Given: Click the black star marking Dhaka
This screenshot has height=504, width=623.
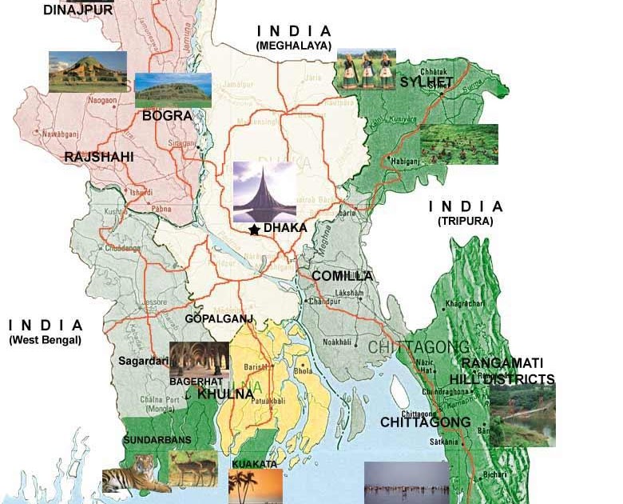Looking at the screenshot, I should pos(254,230).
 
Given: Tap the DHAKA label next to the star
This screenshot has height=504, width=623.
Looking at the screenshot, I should pos(285,228).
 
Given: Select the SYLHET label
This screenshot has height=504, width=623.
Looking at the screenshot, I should pos(427,82).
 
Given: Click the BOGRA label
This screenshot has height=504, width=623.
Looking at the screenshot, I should pos(167,116).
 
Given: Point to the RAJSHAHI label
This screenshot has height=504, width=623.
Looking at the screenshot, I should pos(99,157).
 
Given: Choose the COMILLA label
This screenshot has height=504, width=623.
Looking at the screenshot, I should pos(342,276).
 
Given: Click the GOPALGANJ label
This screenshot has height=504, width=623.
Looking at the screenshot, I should pos(219,318).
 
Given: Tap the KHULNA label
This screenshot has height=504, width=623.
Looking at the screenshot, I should pos(226,394).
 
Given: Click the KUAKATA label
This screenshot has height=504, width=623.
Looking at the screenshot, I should pos(254,464).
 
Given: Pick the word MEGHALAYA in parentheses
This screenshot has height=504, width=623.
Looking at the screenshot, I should pos(293,46).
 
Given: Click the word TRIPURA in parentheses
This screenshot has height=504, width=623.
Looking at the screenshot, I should pos(465,221).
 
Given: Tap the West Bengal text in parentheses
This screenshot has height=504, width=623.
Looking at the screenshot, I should pos(46,340).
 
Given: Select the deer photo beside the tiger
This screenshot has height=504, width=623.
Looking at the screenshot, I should pos(192,468).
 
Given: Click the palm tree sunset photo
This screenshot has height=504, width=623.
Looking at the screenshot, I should pos(256,486).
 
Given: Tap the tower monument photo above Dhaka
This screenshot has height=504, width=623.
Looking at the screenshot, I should pos(264,192).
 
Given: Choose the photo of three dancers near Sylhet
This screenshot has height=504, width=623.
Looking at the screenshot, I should pos(366,69).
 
